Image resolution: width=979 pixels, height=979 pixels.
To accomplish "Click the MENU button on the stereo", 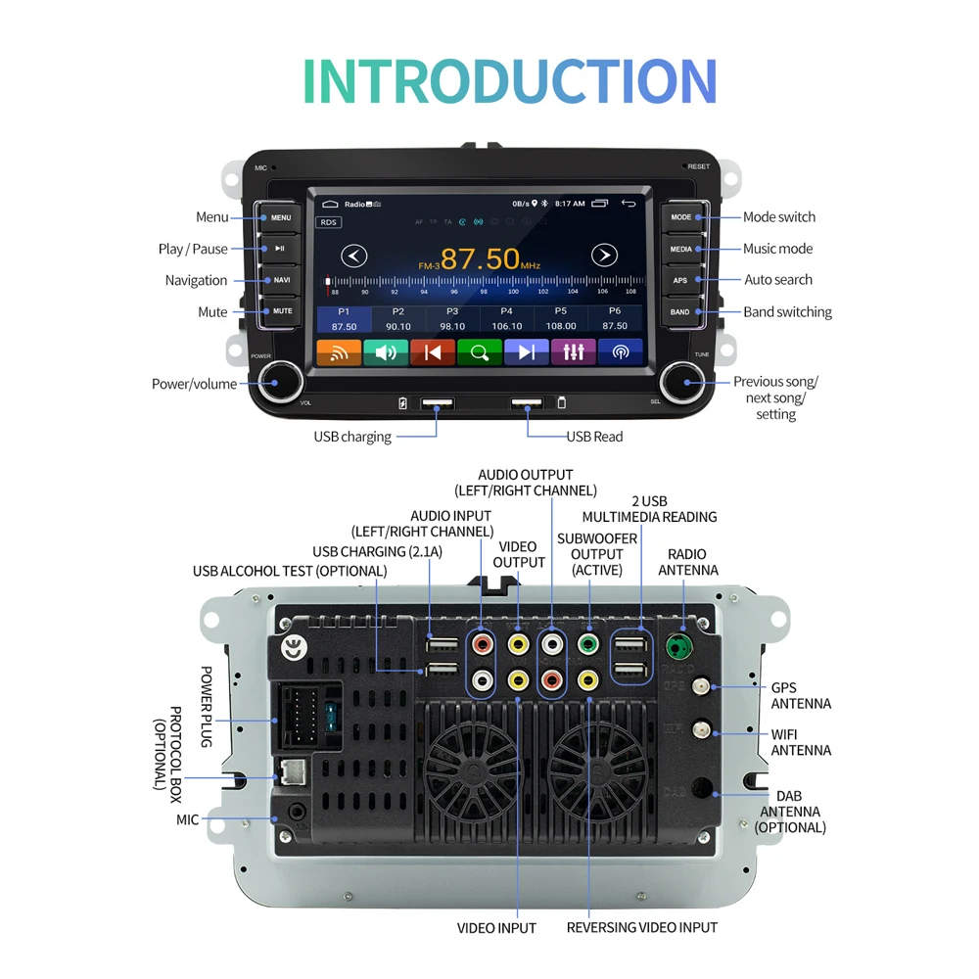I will pyautogui.click(x=281, y=217).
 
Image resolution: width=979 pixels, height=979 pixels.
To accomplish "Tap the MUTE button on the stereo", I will pyautogui.click(x=282, y=311).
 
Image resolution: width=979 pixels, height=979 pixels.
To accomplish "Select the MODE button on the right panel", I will pyautogui.click(x=680, y=217).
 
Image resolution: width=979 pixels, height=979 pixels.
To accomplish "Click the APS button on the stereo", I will pyautogui.click(x=680, y=280).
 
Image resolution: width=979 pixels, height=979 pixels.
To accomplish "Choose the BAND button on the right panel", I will pyautogui.click(x=680, y=312).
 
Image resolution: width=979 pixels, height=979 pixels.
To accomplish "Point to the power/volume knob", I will pyautogui.click(x=281, y=381).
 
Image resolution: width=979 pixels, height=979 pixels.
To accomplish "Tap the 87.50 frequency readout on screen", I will pyautogui.click(x=480, y=259).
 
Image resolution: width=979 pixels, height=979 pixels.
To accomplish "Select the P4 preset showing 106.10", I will pyautogui.click(x=506, y=319).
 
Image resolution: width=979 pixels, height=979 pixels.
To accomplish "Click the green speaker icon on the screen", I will pyautogui.click(x=386, y=352).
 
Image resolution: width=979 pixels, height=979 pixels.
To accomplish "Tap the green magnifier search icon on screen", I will pyautogui.click(x=480, y=352).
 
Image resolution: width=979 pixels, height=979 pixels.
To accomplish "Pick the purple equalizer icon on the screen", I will pyautogui.click(x=574, y=352).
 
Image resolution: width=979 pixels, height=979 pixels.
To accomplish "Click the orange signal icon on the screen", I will pyautogui.click(x=339, y=352).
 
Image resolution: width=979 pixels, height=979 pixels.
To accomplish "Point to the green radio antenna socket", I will pyautogui.click(x=676, y=647).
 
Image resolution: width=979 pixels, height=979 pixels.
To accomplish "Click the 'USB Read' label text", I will pyautogui.click(x=594, y=437).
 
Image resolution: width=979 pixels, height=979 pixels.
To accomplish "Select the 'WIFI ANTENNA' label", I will pyautogui.click(x=801, y=742).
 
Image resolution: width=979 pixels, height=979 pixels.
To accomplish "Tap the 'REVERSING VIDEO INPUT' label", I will pyautogui.click(x=641, y=927).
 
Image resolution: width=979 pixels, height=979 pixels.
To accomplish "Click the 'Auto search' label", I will pyautogui.click(x=778, y=280).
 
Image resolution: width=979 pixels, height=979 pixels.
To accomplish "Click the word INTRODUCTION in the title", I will pyautogui.click(x=509, y=81).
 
